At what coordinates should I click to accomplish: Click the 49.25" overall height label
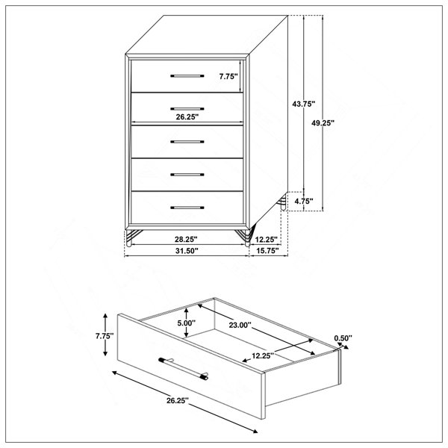[323, 123]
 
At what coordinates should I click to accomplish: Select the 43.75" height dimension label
[303, 104]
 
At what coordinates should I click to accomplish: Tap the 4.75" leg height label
[304, 202]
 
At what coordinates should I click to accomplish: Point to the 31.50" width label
[187, 251]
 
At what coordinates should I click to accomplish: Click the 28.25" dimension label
[186, 240]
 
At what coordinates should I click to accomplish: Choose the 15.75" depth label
[267, 251]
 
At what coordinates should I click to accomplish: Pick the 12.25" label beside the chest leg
[267, 240]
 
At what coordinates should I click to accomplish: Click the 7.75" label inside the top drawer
[228, 76]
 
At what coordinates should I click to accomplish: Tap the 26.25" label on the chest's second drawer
[187, 116]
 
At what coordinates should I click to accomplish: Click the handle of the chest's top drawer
[187, 76]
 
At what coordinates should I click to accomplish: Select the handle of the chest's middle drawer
[187, 142]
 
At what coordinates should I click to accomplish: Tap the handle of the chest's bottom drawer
[187, 208]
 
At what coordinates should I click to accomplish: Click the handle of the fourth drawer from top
[187, 175]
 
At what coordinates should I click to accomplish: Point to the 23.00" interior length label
[240, 325]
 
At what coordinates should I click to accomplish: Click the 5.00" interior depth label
[186, 323]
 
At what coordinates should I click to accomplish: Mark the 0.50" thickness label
[343, 338]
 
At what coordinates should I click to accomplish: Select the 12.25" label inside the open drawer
[263, 355]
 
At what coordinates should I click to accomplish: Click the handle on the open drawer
[184, 369]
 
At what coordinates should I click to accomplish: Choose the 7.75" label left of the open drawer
[105, 336]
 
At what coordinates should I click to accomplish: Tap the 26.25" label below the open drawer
[178, 400]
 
